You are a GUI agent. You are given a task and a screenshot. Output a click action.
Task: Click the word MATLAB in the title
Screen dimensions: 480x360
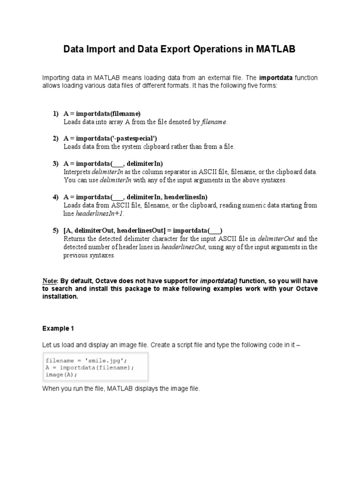pyautogui.click(x=274, y=49)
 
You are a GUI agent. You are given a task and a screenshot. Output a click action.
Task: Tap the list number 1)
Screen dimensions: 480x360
pyautogui.click(x=56, y=114)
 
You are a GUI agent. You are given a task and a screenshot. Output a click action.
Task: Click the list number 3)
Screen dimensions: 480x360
pyautogui.click(x=56, y=164)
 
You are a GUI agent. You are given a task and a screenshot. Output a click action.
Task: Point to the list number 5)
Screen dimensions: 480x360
pyautogui.click(x=56, y=230)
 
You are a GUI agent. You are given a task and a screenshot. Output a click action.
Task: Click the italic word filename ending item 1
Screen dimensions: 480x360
pyautogui.click(x=214, y=122)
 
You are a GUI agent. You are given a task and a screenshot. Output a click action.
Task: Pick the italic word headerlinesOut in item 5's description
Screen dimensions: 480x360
pyautogui.click(x=183, y=247)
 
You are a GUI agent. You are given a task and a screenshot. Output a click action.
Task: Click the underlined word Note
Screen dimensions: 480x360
pyautogui.click(x=49, y=281)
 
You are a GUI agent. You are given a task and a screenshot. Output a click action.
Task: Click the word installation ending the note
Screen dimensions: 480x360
pyautogui.click(x=59, y=297)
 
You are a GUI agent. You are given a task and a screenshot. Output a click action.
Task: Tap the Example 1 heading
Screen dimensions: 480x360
pyautogui.click(x=58, y=328)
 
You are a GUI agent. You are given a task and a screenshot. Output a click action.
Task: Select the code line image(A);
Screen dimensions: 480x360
pyautogui.click(x=61, y=375)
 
